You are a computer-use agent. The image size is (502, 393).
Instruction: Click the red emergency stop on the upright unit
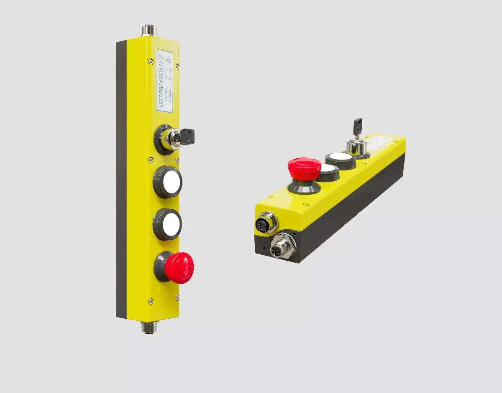[179, 267]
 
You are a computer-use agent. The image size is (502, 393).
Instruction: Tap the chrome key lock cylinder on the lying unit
[356, 146]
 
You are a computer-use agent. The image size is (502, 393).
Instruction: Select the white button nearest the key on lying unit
[341, 158]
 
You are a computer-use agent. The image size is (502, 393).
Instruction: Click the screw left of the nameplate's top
[150, 62]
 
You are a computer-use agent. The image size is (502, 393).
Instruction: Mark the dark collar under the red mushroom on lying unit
[304, 186]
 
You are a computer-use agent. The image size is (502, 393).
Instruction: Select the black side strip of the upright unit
[121, 180]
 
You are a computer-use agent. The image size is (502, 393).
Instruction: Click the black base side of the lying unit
[351, 209]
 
